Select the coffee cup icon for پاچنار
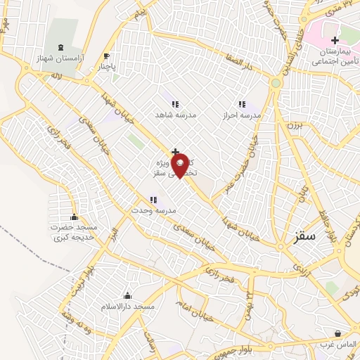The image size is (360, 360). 106,56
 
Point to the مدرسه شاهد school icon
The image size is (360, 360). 175,104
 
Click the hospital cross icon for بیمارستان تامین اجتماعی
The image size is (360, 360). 335,41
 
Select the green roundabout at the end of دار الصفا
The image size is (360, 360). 275,83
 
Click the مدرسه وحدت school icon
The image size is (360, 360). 153,200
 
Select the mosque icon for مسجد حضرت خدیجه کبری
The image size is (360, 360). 75,217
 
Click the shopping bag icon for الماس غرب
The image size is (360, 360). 339,333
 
